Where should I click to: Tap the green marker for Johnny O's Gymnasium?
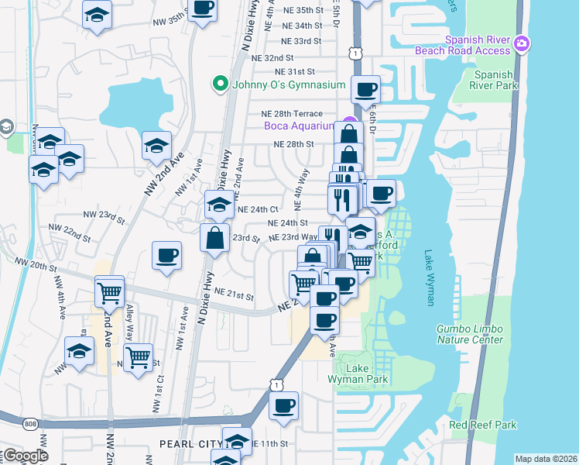(220, 84)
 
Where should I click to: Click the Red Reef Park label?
(482, 425)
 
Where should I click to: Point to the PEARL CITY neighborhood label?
(188, 444)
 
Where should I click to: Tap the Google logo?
(25, 456)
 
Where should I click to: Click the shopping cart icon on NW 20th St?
(109, 293)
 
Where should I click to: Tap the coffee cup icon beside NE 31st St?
(366, 89)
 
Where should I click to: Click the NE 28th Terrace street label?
(292, 114)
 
